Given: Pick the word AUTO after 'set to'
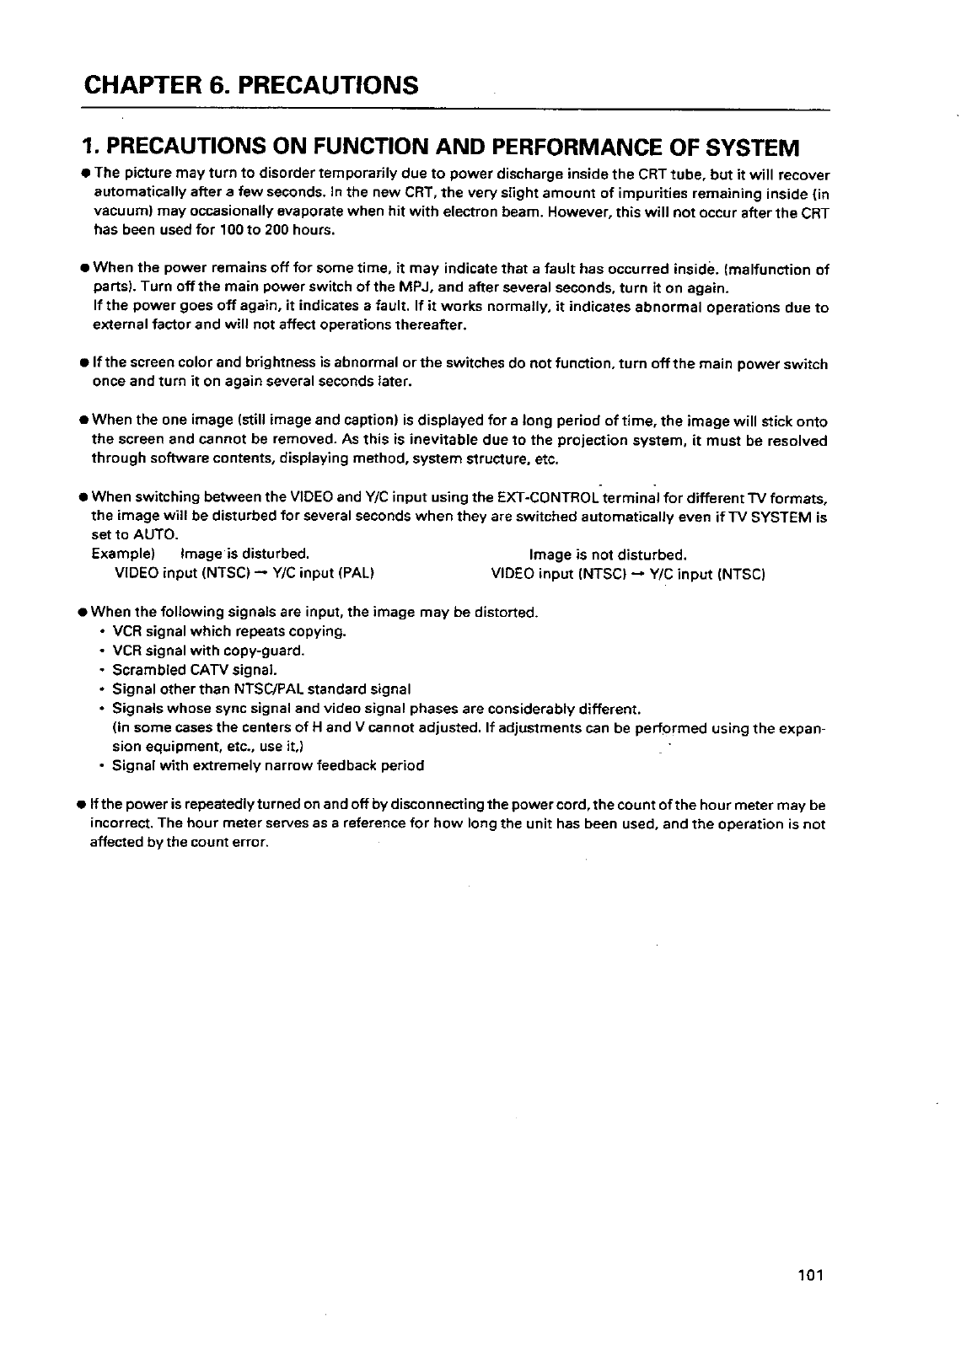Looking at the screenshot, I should [153, 535].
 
